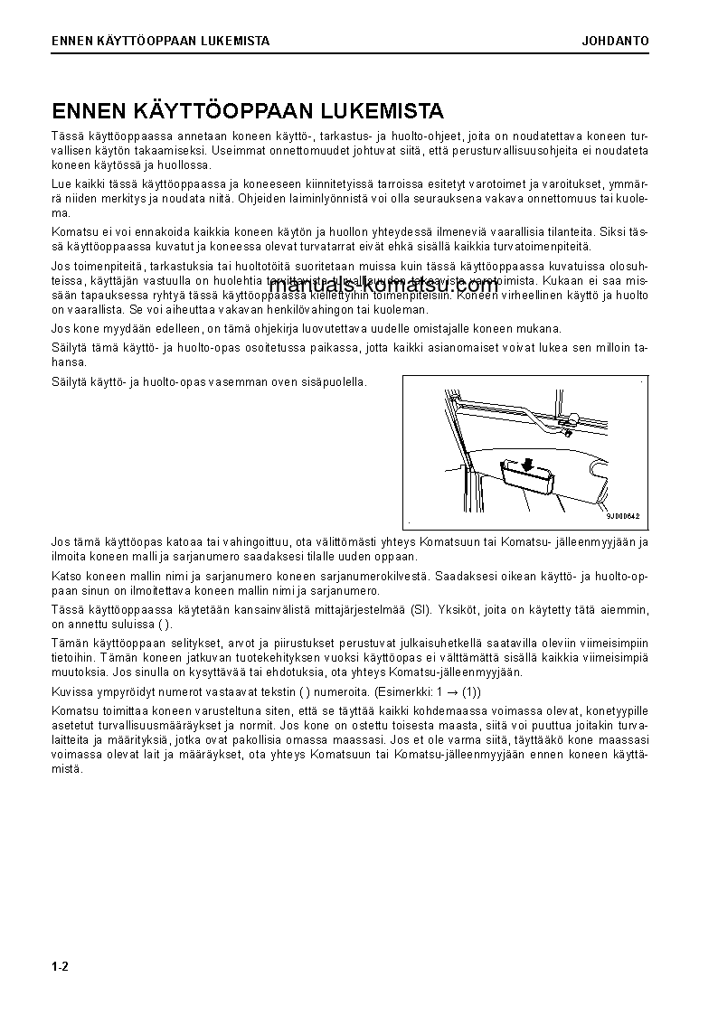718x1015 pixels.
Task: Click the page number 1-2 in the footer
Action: pos(60,966)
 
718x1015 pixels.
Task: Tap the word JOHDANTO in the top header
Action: pos(615,41)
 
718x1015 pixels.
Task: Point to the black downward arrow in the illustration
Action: pos(524,464)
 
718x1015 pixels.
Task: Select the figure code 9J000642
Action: pos(622,516)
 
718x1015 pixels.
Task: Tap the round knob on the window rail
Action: pos(574,418)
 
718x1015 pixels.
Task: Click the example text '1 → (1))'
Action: pos(458,691)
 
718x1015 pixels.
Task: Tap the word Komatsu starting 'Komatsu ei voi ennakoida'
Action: pos(72,232)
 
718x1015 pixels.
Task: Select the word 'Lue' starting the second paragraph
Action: pos(61,183)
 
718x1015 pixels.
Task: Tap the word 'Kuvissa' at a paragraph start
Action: pos(71,691)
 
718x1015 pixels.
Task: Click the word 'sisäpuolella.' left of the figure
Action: pos(335,382)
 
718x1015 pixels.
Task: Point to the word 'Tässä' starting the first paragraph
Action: pos(67,135)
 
